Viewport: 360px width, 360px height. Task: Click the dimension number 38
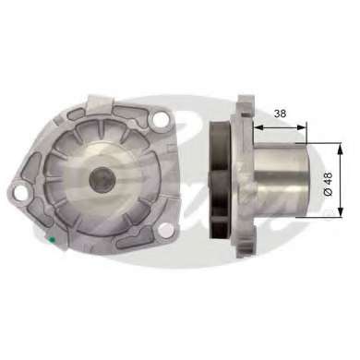tap(280, 114)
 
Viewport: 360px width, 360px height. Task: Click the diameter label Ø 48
tap(329, 184)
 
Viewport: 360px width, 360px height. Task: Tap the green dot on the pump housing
tap(52, 239)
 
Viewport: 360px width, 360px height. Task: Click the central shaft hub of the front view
tap(102, 180)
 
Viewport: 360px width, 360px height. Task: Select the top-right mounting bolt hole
tap(160, 118)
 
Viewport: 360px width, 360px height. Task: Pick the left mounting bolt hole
tap(20, 192)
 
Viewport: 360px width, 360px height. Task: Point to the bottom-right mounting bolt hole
tap(166, 230)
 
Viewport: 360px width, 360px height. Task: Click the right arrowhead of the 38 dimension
tap(302, 127)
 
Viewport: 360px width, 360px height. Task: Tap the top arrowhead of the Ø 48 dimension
tap(340, 149)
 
